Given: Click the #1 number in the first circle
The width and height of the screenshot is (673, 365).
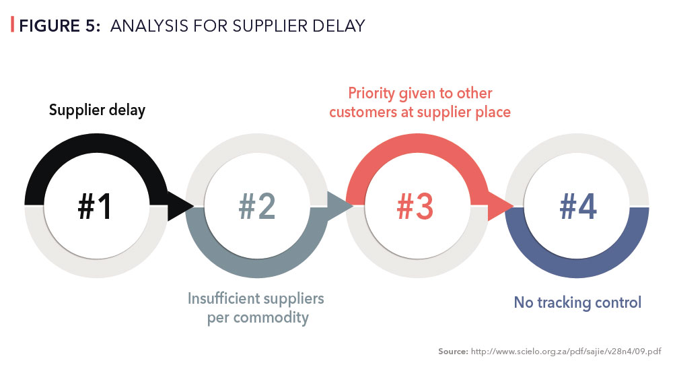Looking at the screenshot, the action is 95,206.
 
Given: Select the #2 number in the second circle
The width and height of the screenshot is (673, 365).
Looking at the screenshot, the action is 256,206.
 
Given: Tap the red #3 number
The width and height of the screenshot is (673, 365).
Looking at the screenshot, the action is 415,206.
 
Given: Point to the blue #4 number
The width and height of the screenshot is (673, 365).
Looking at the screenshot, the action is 577,206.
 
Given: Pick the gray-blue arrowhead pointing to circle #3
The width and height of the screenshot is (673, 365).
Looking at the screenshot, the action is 340,206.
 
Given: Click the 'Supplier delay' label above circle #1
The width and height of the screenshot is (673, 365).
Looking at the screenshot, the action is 97,110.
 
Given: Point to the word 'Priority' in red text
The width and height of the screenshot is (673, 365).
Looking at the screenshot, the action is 371,94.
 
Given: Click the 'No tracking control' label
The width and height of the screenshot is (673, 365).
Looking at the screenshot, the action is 577,303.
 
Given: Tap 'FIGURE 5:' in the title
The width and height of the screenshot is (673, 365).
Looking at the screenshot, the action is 60,26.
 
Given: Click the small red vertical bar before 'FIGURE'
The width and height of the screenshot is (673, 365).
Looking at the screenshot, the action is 12,24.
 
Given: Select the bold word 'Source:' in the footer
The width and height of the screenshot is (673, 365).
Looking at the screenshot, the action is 453,352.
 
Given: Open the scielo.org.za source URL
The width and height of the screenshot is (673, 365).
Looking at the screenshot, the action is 566,352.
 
